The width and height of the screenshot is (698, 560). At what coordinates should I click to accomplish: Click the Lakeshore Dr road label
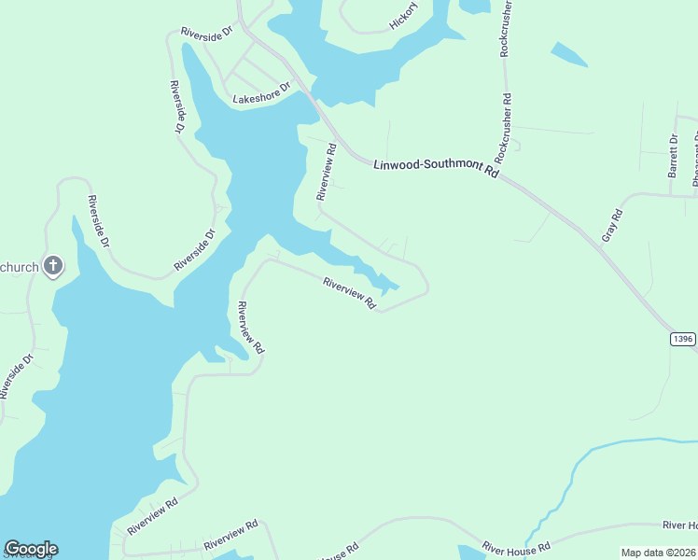coord(262,98)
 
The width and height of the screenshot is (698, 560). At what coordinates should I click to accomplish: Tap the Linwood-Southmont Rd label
coord(437,166)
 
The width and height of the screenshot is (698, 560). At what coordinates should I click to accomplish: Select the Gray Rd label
coord(612,225)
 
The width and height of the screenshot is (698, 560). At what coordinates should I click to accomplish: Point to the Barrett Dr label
coord(673,155)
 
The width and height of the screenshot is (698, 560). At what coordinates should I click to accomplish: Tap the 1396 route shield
coord(683,339)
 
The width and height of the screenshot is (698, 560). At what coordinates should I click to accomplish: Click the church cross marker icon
coord(54,267)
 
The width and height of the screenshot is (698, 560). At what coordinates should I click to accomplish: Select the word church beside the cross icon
coord(20,268)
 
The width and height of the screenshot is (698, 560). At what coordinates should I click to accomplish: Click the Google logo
coord(31,549)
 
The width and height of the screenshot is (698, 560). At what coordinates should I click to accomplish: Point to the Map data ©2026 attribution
coord(659,553)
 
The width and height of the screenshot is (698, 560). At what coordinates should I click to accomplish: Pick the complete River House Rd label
coord(516,547)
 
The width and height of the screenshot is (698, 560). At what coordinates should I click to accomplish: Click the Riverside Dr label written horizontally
coord(206,34)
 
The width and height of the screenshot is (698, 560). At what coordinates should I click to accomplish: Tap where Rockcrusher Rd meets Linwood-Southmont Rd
coord(496,175)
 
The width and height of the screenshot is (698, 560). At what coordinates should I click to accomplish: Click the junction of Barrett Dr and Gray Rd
coord(673,195)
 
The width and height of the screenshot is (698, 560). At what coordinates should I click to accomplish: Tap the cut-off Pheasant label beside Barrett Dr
coord(694,159)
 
